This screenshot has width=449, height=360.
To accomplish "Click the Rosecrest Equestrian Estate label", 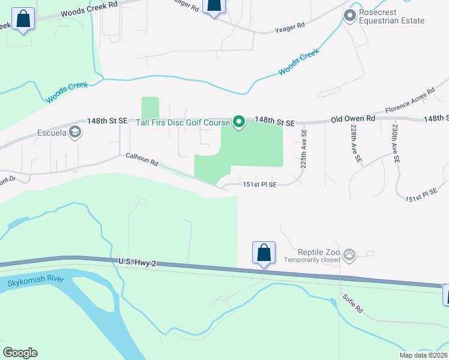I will click(391, 17).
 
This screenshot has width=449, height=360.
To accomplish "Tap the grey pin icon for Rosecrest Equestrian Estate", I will click(349, 16).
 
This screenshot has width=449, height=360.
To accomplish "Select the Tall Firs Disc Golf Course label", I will click(183, 123).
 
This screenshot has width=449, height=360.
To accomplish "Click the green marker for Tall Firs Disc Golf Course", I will click(238, 122).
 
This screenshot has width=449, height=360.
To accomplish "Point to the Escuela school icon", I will click(74, 132).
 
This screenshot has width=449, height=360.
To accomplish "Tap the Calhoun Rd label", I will click(141, 159).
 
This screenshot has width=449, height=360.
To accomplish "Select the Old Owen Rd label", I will click(353, 119).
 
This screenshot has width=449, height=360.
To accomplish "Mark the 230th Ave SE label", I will click(395, 145).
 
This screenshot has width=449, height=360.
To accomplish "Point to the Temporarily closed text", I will click(312, 260).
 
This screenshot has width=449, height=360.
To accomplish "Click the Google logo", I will click(20, 353).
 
